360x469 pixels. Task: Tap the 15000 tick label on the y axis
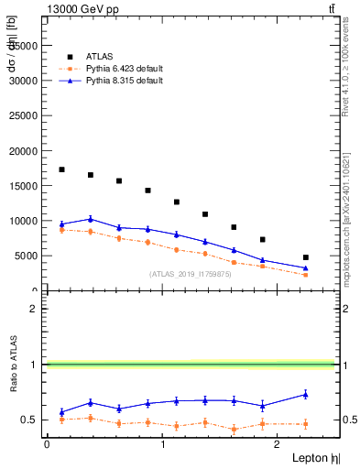(24, 186)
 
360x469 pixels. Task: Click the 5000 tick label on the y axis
(27, 256)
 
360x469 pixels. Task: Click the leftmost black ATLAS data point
(61, 169)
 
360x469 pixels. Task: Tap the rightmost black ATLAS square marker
(306, 257)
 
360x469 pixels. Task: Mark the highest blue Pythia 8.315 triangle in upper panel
(90, 219)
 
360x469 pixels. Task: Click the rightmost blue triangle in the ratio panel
(306, 394)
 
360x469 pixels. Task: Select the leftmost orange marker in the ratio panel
(61, 420)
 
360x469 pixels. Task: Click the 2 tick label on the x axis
(278, 443)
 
